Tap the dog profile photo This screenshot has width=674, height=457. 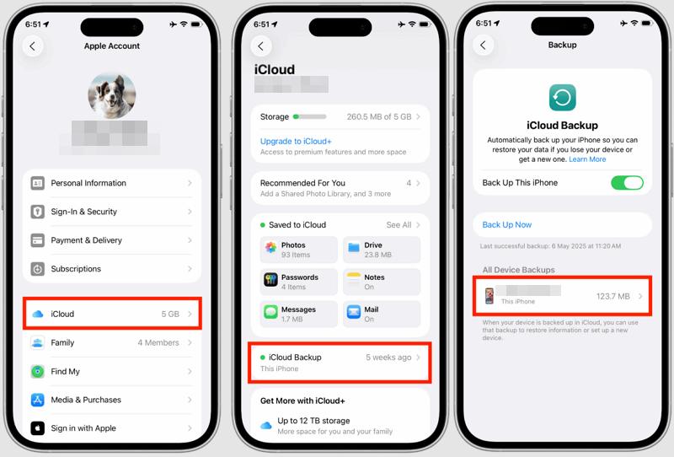pyautogui.click(x=112, y=94)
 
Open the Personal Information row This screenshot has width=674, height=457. pyautogui.click(x=112, y=183)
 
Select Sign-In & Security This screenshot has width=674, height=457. pyautogui.click(x=112, y=212)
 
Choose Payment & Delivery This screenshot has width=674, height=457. pyautogui.click(x=112, y=240)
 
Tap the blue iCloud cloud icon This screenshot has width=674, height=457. pyautogui.click(x=37, y=315)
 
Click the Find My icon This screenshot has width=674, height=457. pyautogui.click(x=37, y=371)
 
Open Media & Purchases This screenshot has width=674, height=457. pyautogui.click(x=112, y=400)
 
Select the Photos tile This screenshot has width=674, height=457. pyautogui.click(x=299, y=250)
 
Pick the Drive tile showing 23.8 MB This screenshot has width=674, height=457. pyautogui.click(x=382, y=250)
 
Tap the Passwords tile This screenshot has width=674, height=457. pyautogui.click(x=299, y=282)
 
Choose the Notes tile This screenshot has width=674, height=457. pyautogui.click(x=382, y=282)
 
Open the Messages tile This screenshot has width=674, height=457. pyautogui.click(x=299, y=314)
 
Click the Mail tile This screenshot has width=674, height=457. pyautogui.click(x=382, y=314)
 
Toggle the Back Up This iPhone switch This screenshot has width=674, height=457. pyautogui.click(x=627, y=183)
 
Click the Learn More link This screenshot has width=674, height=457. pyautogui.click(x=587, y=159)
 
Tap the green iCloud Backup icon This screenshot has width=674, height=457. pyautogui.click(x=562, y=98)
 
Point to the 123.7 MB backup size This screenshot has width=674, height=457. pyautogui.click(x=612, y=296)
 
